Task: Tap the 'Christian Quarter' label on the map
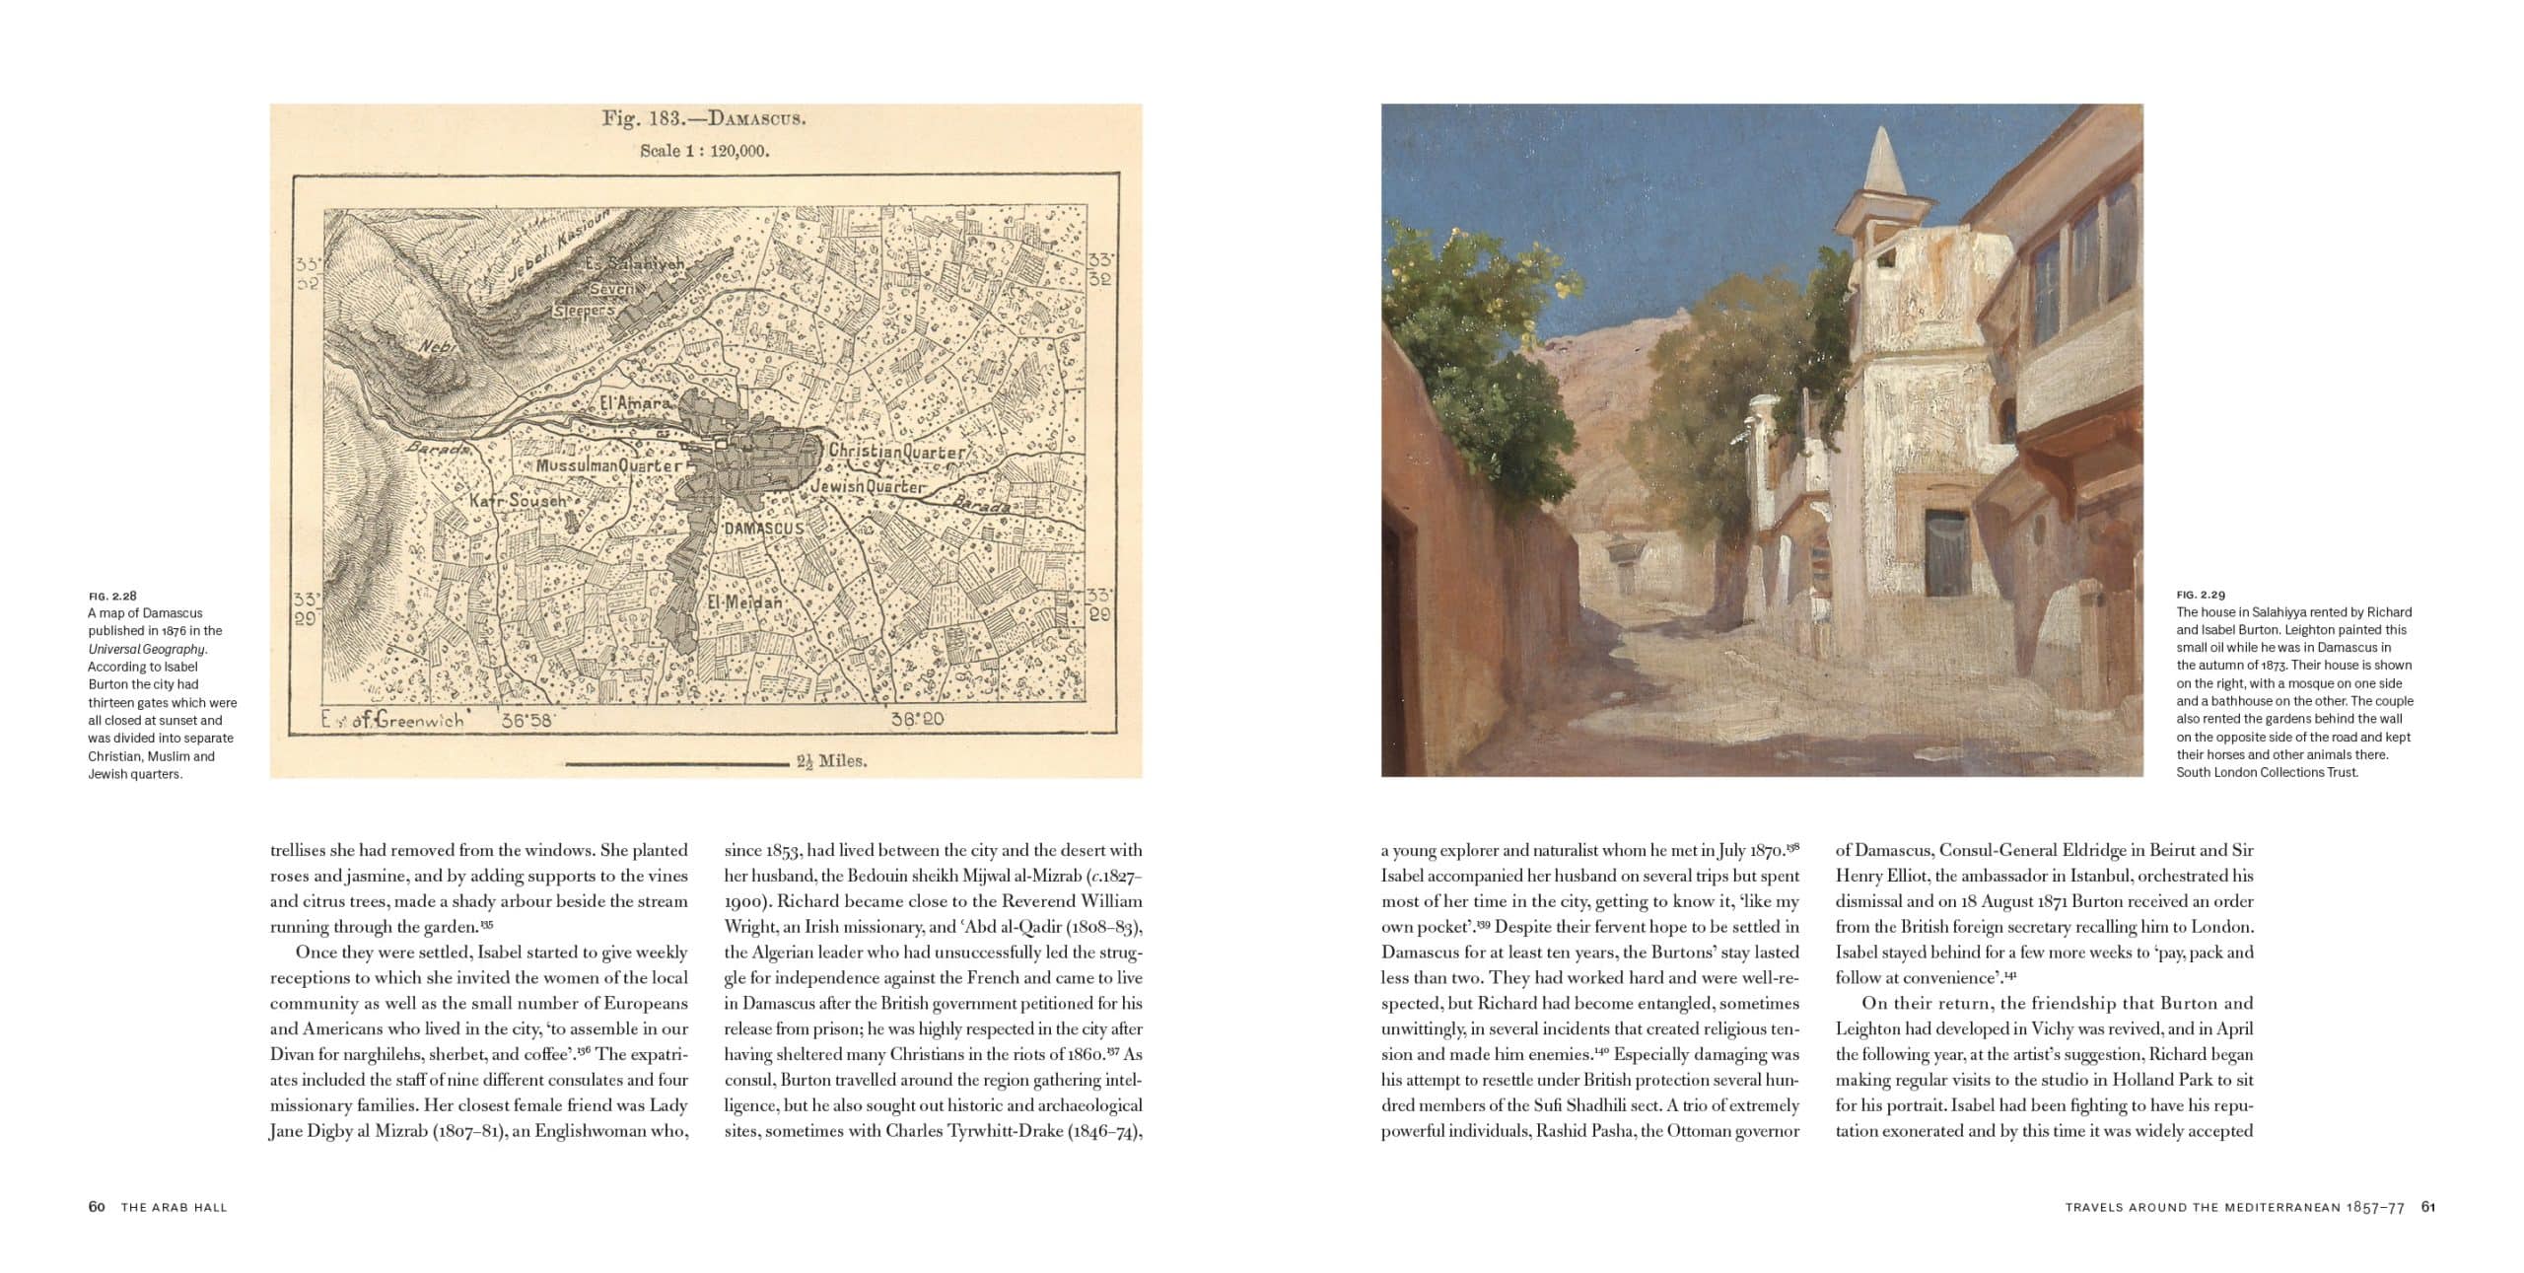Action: (x=896, y=453)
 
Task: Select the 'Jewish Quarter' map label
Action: (x=868, y=487)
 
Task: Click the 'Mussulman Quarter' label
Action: (x=608, y=464)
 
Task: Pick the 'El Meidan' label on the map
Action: (x=743, y=601)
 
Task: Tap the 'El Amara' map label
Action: (x=636, y=403)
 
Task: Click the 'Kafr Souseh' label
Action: (x=518, y=501)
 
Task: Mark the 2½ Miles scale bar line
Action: (x=676, y=762)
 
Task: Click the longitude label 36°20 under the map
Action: (x=917, y=719)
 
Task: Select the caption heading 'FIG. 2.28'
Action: (x=112, y=596)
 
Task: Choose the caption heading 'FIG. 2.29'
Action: (x=2201, y=595)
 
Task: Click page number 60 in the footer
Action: (x=97, y=1207)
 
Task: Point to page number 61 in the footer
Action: (x=2428, y=1207)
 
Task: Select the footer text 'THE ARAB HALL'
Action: (x=174, y=1207)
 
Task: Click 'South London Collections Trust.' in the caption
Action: (x=2267, y=772)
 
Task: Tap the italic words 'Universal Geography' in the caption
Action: (x=147, y=649)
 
